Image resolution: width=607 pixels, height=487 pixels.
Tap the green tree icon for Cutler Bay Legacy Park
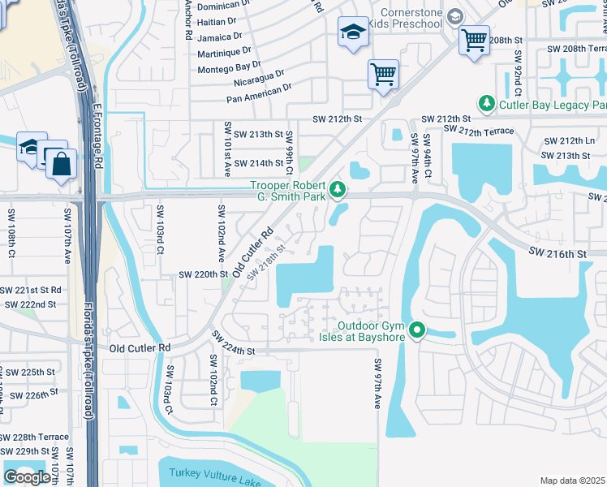click(x=486, y=103)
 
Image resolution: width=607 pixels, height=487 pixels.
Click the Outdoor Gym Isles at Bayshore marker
click(x=417, y=330)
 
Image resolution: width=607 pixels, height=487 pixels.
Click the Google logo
click(x=27, y=477)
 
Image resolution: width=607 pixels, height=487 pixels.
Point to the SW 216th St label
click(x=557, y=254)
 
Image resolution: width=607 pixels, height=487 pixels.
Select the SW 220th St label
click(x=202, y=274)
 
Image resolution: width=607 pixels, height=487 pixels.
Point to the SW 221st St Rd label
click(x=30, y=290)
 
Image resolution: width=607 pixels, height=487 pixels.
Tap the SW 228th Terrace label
click(x=34, y=437)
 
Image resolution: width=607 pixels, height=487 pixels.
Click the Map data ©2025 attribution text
click(x=573, y=481)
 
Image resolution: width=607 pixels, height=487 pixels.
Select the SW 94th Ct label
click(x=427, y=158)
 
